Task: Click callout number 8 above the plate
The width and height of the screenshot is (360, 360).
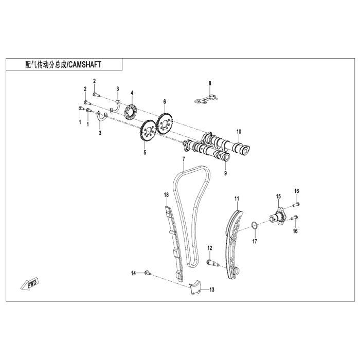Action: point(210,83)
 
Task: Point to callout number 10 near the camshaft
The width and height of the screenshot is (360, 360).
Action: point(238,131)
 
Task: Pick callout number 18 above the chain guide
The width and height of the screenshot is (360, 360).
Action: point(166,194)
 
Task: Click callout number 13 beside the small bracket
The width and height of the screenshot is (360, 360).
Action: point(211,290)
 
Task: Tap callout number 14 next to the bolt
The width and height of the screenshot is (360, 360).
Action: point(133,273)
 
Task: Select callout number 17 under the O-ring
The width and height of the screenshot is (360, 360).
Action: point(254,241)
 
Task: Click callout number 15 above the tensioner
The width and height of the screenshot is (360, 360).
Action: point(278,196)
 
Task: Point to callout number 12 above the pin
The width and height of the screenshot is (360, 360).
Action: point(210,248)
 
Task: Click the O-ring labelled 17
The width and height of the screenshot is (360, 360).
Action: point(254,225)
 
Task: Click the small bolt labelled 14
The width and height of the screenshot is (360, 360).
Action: point(147,273)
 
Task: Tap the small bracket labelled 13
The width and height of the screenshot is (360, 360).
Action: point(194,289)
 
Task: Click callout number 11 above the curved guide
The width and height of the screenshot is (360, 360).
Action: point(237,199)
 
